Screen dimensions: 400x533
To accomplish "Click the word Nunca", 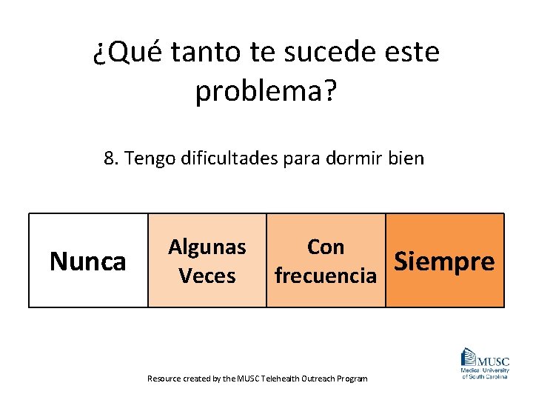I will [87, 261].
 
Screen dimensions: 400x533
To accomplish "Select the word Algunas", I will [207, 247].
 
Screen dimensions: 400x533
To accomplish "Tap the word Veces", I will [207, 276].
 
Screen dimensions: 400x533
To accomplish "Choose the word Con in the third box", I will [326, 247].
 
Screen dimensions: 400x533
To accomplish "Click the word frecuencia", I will [326, 276].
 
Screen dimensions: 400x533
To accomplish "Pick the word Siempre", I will [444, 261].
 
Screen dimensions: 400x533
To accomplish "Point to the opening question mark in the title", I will [99, 53].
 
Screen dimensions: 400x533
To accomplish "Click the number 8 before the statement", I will [110, 158].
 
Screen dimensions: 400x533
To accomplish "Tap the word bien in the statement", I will [409, 158].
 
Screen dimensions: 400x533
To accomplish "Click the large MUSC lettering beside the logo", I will [494, 361].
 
